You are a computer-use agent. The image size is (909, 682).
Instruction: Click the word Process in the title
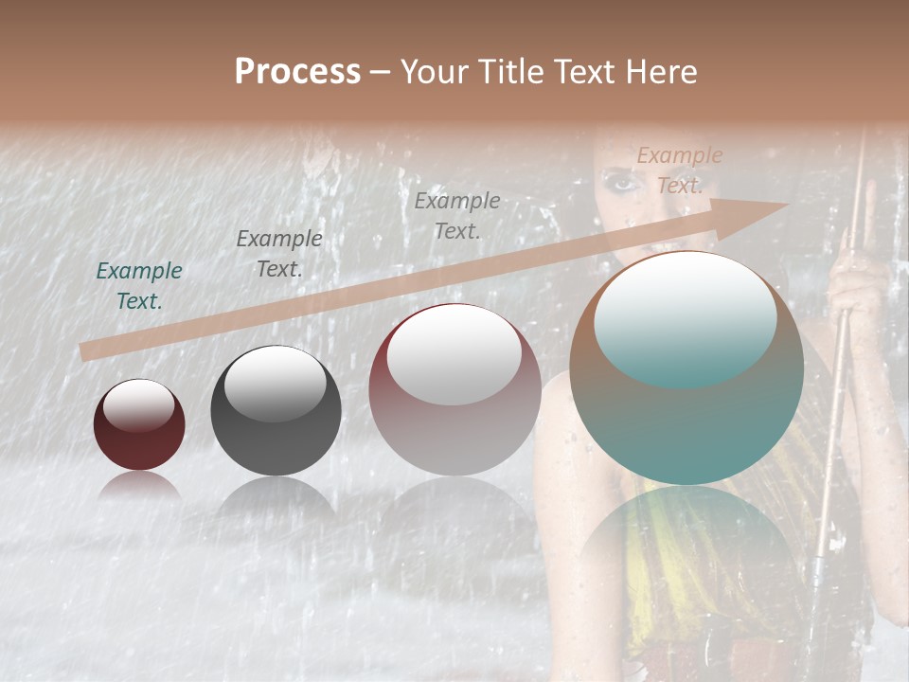click(x=297, y=72)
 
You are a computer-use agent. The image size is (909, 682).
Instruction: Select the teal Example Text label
click(x=139, y=286)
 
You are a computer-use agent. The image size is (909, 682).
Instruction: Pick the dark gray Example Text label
click(x=278, y=254)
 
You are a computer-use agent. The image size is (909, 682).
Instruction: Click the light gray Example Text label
click(x=457, y=215)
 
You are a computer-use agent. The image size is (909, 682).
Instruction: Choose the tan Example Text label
click(x=679, y=170)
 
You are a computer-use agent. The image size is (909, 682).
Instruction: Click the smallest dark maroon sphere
click(x=139, y=424)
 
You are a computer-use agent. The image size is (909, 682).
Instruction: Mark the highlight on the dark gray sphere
click(x=275, y=383)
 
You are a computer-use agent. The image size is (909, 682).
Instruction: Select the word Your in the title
click(x=437, y=72)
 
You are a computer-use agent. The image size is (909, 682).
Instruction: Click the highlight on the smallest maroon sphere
click(x=139, y=405)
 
